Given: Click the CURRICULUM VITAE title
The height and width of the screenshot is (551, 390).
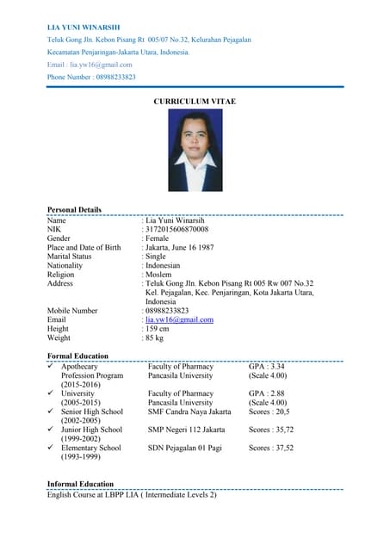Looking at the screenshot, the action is [x=195, y=102].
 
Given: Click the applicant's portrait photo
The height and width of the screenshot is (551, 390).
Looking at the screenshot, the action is [x=195, y=155].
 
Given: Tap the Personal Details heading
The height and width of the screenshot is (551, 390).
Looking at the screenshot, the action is [x=74, y=209].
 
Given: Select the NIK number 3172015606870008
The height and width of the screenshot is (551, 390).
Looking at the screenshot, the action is [x=177, y=230].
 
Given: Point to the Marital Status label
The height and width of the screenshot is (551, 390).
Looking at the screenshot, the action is [x=70, y=257].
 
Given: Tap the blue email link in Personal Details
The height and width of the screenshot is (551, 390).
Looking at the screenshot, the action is [x=179, y=319].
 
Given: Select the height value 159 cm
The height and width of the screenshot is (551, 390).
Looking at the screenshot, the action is [x=158, y=329].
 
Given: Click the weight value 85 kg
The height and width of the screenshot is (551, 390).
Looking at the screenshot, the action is [x=156, y=338].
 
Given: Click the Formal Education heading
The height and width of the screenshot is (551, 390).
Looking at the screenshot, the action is [x=77, y=356].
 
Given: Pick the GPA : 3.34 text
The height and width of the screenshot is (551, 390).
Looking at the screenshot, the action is [x=266, y=367].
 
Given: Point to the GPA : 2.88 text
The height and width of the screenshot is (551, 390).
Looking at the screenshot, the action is [x=266, y=393].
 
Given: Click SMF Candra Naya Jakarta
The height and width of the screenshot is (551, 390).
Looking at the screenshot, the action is [x=189, y=412].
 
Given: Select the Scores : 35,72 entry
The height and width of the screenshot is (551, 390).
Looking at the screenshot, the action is [x=271, y=430].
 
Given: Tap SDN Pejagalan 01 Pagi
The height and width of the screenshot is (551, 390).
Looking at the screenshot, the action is [x=185, y=448].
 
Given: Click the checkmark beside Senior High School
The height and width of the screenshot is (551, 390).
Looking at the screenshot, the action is [x=52, y=412].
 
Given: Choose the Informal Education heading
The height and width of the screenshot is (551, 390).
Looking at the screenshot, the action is [x=80, y=484].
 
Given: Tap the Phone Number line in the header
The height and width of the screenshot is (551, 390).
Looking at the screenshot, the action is [x=91, y=77].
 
